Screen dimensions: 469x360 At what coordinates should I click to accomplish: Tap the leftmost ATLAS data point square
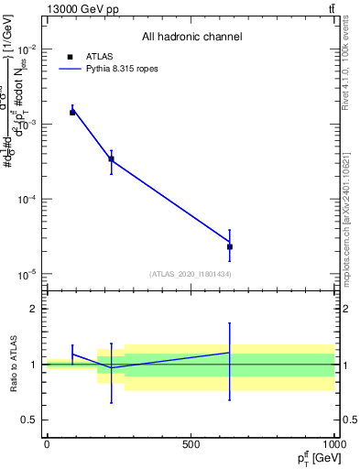[72, 113]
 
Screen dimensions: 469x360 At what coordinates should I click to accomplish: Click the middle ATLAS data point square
[111, 159]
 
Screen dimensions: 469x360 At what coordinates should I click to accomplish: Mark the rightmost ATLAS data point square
[230, 246]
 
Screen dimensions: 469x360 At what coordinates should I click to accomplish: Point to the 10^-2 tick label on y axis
[26, 49]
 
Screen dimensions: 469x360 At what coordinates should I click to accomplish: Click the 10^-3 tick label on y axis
[26, 124]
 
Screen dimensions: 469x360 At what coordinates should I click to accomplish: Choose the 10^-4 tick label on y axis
[26, 199]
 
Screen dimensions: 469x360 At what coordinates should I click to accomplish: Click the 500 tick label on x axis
[191, 444]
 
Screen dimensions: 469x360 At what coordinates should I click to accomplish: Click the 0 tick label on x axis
[47, 444]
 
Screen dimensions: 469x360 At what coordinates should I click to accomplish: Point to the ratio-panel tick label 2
[33, 309]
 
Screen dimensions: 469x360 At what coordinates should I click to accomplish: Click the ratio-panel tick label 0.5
[29, 420]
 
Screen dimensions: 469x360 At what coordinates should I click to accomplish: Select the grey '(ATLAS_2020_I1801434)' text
[191, 274]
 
